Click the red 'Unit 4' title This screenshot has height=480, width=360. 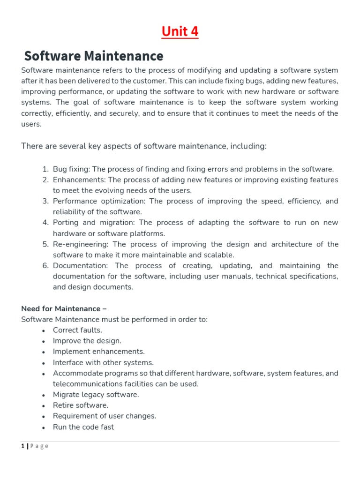[180, 31]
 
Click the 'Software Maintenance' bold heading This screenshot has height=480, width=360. [94, 56]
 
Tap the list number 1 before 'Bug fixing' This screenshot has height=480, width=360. [45, 169]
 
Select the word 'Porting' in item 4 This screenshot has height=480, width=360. [66, 223]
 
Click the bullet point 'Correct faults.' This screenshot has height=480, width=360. [77, 330]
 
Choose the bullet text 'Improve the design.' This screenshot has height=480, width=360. [87, 341]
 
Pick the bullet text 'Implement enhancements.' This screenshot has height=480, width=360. [98, 352]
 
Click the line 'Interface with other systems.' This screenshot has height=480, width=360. [103, 362]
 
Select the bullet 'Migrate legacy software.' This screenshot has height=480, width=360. [96, 395]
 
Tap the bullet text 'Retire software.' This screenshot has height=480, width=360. [81, 405]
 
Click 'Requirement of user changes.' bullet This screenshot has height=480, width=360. [105, 416]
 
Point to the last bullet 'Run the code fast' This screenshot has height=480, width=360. [83, 427]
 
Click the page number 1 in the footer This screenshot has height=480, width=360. [23, 446]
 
